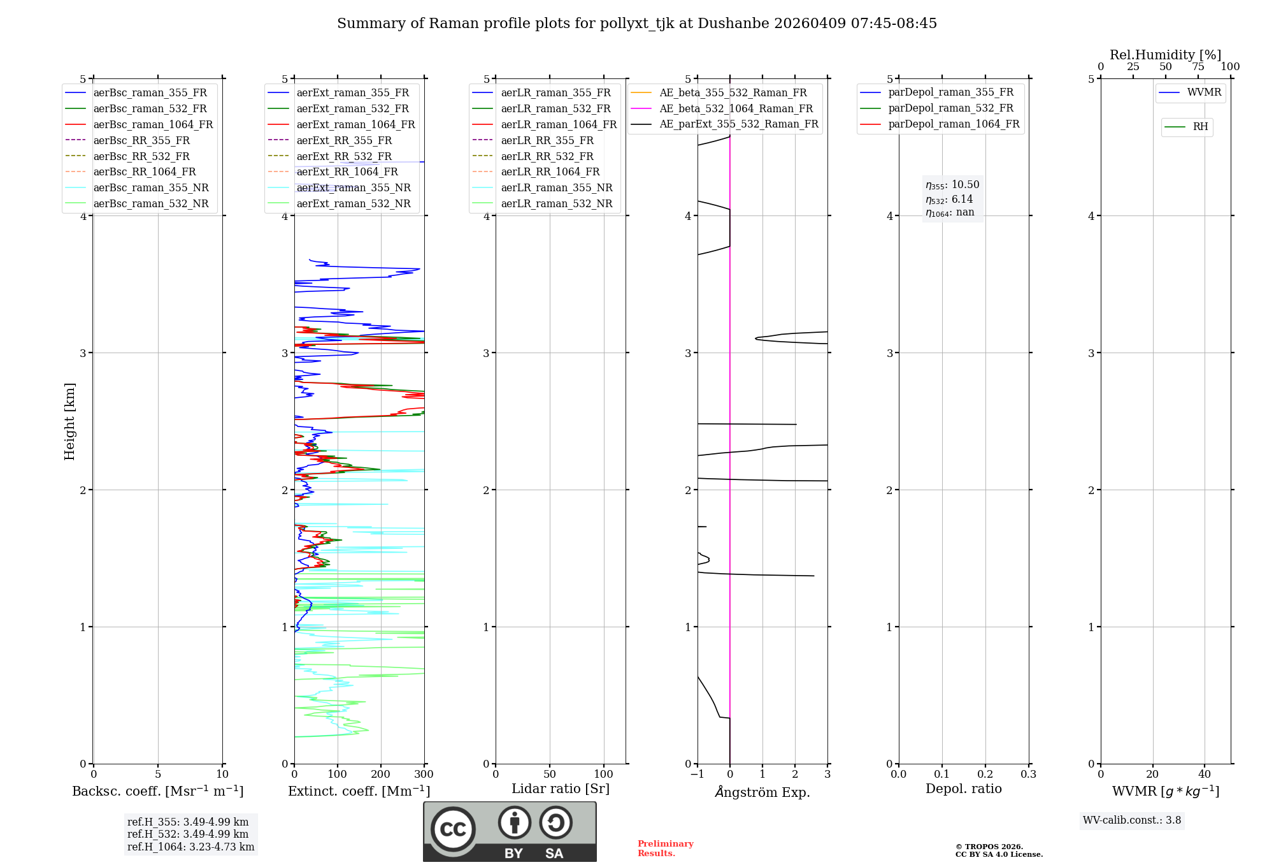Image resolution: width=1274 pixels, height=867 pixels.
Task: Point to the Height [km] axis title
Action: click(x=69, y=421)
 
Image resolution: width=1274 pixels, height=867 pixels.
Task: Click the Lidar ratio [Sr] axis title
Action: click(x=560, y=789)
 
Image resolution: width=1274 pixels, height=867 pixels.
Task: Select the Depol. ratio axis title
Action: click(x=963, y=789)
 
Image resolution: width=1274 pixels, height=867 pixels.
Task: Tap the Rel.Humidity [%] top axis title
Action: click(x=1165, y=55)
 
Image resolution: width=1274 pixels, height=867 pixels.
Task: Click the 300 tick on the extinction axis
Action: click(x=424, y=775)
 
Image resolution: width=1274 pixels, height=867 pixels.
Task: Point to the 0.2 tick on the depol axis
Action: click(x=985, y=775)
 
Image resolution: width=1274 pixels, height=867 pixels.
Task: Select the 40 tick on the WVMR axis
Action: click(x=1204, y=775)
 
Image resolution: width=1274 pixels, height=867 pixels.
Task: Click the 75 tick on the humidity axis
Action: click(x=1198, y=67)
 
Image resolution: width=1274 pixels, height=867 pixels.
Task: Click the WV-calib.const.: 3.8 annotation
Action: click(x=1131, y=820)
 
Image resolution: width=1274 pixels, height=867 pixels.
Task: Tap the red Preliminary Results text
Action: click(x=665, y=849)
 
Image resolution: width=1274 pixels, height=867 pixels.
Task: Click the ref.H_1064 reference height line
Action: click(x=190, y=847)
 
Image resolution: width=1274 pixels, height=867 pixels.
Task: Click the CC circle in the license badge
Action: click(x=453, y=829)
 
